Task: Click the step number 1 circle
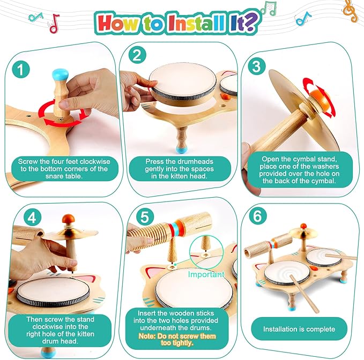pyautogui.click(x=21, y=69)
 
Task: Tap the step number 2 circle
pyautogui.click(x=138, y=55)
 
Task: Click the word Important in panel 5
pyautogui.click(x=206, y=274)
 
